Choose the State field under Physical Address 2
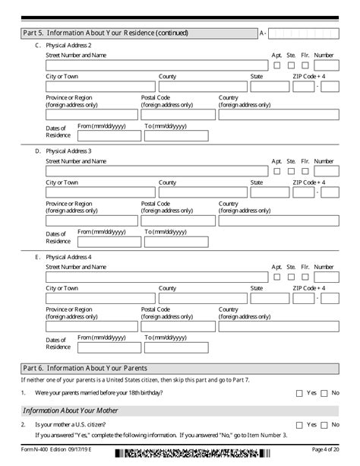[x=270, y=87]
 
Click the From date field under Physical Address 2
[x=107, y=135]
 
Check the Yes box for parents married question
[x=298, y=393]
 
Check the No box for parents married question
[x=324, y=393]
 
